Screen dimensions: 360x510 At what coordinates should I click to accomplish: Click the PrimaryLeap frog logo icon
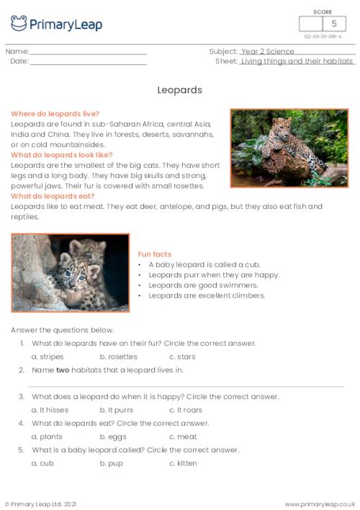pyautogui.click(x=19, y=24)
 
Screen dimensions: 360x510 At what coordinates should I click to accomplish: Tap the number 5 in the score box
pyautogui.click(x=333, y=24)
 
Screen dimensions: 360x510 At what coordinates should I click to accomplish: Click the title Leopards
pyautogui.click(x=179, y=91)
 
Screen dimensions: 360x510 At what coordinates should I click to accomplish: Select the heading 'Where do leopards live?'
pyautogui.click(x=55, y=114)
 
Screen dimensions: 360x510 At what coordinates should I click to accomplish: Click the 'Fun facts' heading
pyautogui.click(x=155, y=254)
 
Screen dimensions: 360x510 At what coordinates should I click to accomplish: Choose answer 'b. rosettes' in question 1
pyautogui.click(x=118, y=357)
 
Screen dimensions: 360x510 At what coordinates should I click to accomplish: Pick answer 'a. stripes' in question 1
pyautogui.click(x=48, y=357)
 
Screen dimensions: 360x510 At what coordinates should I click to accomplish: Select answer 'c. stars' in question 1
pyautogui.click(x=182, y=357)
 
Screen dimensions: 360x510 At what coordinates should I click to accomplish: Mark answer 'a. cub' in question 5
pyautogui.click(x=43, y=463)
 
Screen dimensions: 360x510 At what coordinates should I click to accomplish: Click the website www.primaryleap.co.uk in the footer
pyautogui.click(x=320, y=504)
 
